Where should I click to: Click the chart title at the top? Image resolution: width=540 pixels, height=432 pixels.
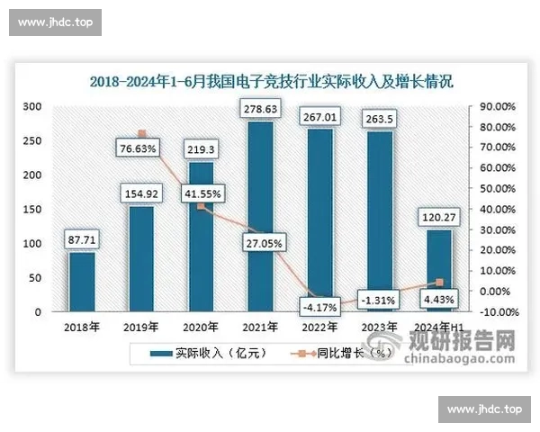coord(271,81)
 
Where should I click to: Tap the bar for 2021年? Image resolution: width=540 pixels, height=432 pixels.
coord(260,216)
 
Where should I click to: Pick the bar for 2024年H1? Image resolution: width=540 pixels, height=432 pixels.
coord(438,270)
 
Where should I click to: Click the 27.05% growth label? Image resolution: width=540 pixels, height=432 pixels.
coord(260,242)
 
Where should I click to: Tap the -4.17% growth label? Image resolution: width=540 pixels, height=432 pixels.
coord(319,306)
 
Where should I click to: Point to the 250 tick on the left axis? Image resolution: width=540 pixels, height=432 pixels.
coord(32,140)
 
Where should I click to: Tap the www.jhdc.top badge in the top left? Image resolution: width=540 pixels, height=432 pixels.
coord(55,22)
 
